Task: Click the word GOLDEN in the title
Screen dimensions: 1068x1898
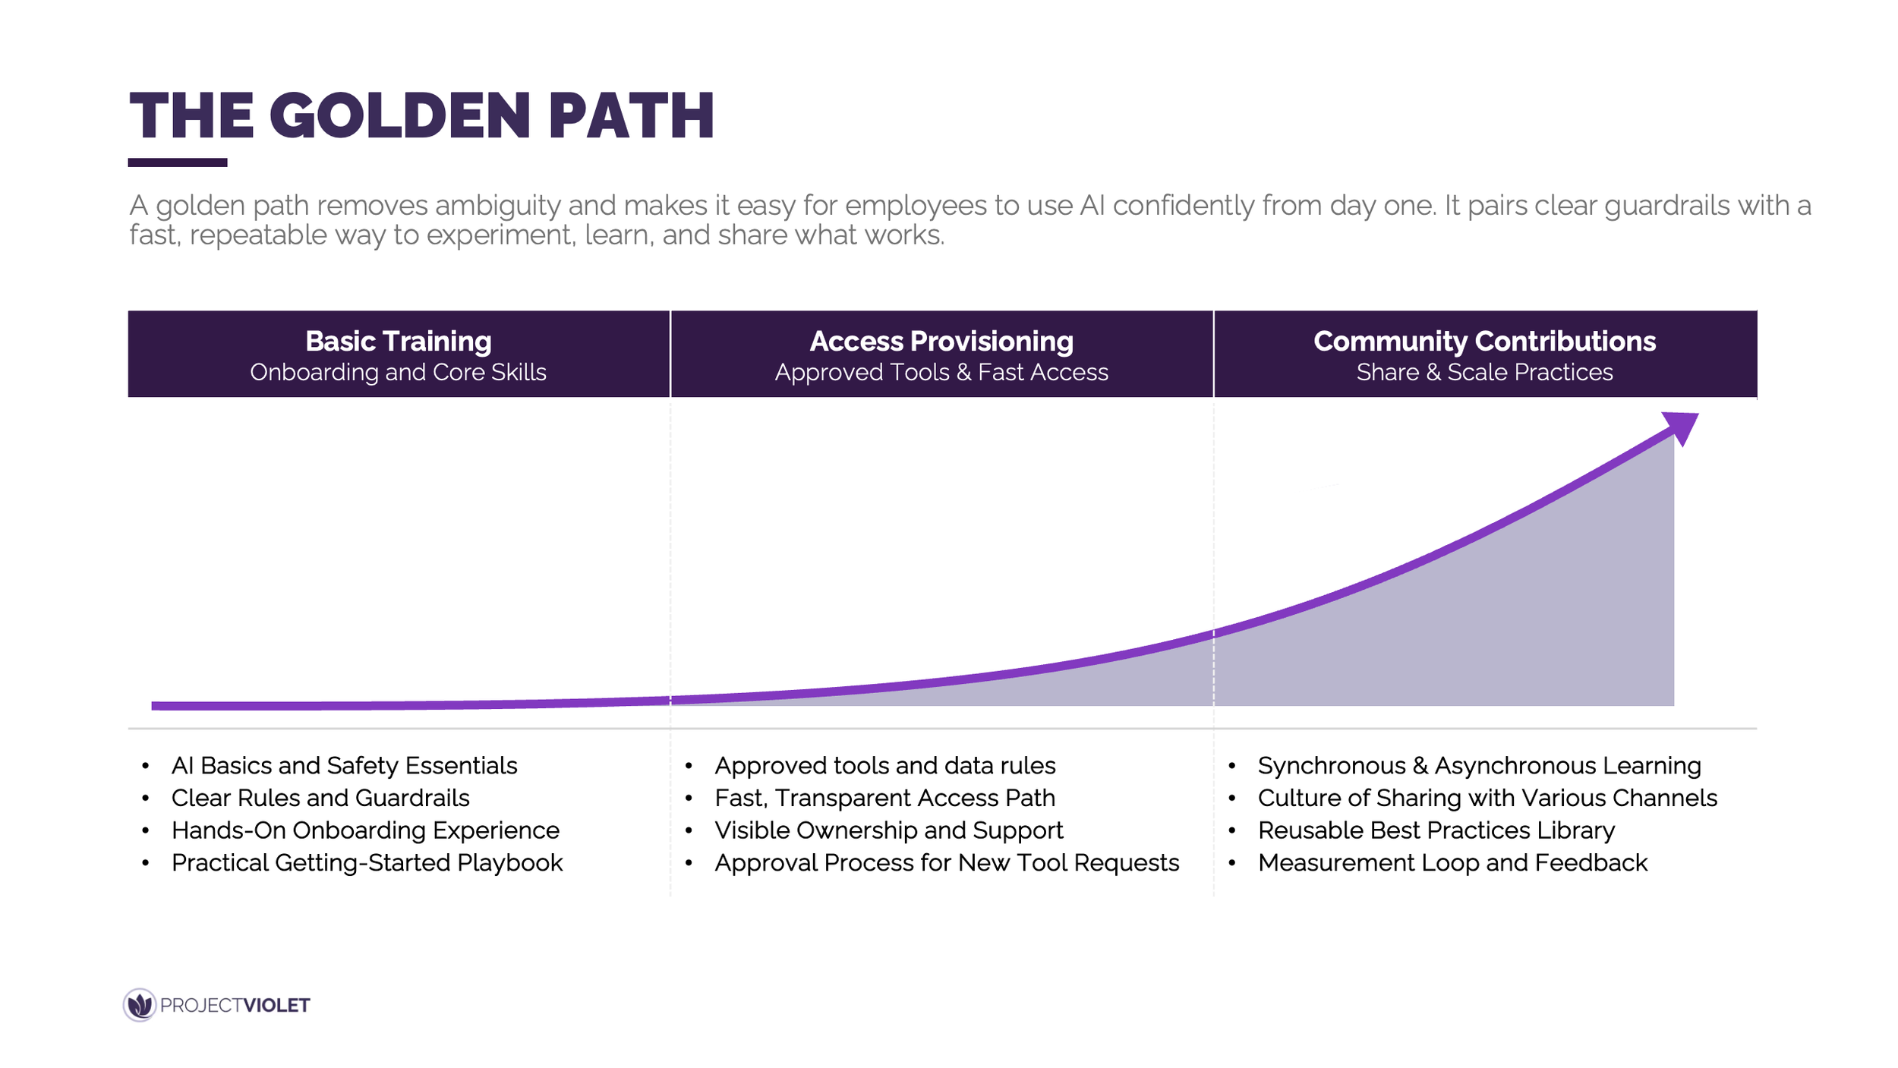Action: pyautogui.click(x=399, y=116)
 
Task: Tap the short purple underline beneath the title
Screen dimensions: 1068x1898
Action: pyautogui.click(x=178, y=162)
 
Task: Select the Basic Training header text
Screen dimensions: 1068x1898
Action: pyautogui.click(x=399, y=342)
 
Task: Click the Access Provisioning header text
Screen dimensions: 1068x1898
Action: pyautogui.click(x=941, y=342)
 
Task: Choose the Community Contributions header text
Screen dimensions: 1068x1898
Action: pyautogui.click(x=1484, y=342)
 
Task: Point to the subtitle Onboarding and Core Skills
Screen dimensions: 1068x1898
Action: pyautogui.click(x=399, y=373)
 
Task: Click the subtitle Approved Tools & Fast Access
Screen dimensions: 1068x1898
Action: pyautogui.click(x=941, y=373)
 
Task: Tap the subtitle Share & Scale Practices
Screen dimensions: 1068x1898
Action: pyautogui.click(x=1484, y=373)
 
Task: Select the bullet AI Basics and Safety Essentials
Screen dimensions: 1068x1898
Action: pyautogui.click(x=344, y=766)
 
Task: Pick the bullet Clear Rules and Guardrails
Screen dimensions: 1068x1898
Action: pyautogui.click(x=320, y=799)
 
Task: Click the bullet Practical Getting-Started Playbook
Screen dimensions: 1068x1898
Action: pyautogui.click(x=367, y=863)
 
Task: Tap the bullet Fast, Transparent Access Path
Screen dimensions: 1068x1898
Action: pyautogui.click(x=884, y=799)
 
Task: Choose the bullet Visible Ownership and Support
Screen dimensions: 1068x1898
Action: pyautogui.click(x=888, y=830)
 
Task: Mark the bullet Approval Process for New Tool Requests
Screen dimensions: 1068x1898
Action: pyautogui.click(x=947, y=863)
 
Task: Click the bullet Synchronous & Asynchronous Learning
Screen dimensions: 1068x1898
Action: pyautogui.click(x=1479, y=766)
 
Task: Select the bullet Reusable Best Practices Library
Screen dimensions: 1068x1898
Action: pyautogui.click(x=1436, y=830)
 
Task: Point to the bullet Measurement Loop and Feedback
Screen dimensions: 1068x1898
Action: pyautogui.click(x=1452, y=863)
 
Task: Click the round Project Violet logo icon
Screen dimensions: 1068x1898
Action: pyautogui.click(x=140, y=1005)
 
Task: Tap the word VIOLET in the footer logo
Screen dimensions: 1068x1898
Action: pyautogui.click(x=276, y=1006)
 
